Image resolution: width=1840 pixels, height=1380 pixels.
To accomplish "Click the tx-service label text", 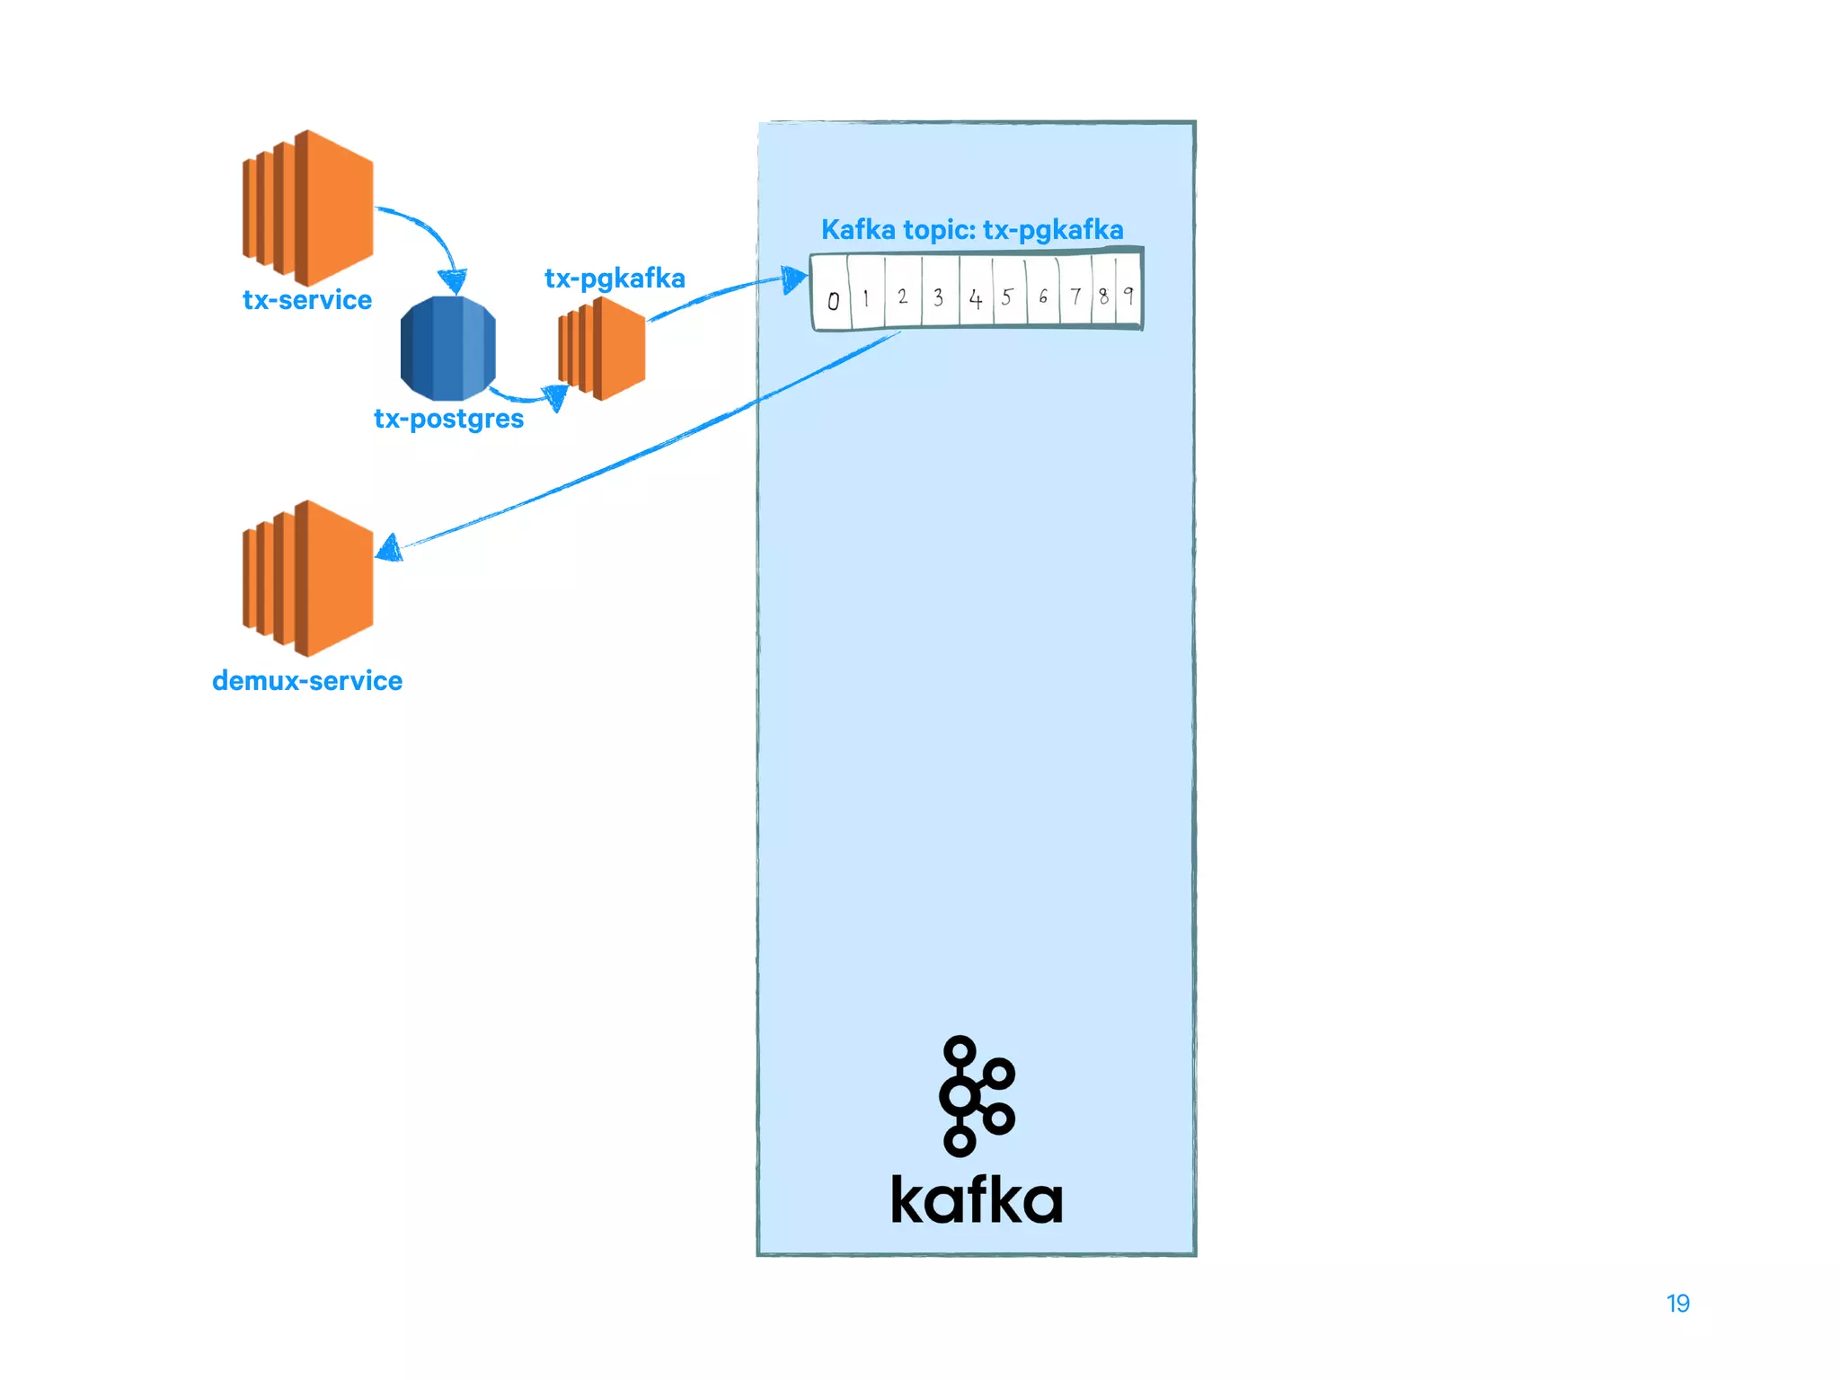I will [307, 299].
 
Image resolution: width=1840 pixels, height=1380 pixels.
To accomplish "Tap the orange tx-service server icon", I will [308, 208].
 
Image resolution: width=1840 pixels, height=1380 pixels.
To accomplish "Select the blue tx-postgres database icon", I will [447, 349].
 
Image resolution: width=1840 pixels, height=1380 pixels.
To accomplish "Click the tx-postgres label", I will [448, 419].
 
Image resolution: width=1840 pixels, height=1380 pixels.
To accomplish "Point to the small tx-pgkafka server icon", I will [602, 349].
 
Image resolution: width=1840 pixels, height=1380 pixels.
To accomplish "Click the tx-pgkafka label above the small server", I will [615, 279].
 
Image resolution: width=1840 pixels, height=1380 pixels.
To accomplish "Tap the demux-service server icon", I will [308, 578].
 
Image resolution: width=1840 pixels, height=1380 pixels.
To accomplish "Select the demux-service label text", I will [307, 681].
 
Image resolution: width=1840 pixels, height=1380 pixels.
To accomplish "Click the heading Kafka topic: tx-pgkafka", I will [972, 230].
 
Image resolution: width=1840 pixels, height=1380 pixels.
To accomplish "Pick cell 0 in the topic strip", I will [833, 299].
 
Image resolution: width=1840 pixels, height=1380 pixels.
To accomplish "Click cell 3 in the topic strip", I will [939, 296].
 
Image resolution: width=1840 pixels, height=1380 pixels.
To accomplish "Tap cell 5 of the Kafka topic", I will [1008, 296].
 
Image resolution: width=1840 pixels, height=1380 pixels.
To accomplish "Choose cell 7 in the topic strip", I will [1075, 296].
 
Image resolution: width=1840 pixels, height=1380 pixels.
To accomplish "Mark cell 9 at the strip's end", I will [1128, 294].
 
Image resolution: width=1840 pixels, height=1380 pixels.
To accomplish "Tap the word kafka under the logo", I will [977, 1200].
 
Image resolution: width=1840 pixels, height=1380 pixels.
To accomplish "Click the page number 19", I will [1677, 1304].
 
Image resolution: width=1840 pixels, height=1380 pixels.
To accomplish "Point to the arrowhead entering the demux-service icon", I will [390, 548].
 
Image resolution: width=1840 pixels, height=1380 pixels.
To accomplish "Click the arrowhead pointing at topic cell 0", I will [793, 279].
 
